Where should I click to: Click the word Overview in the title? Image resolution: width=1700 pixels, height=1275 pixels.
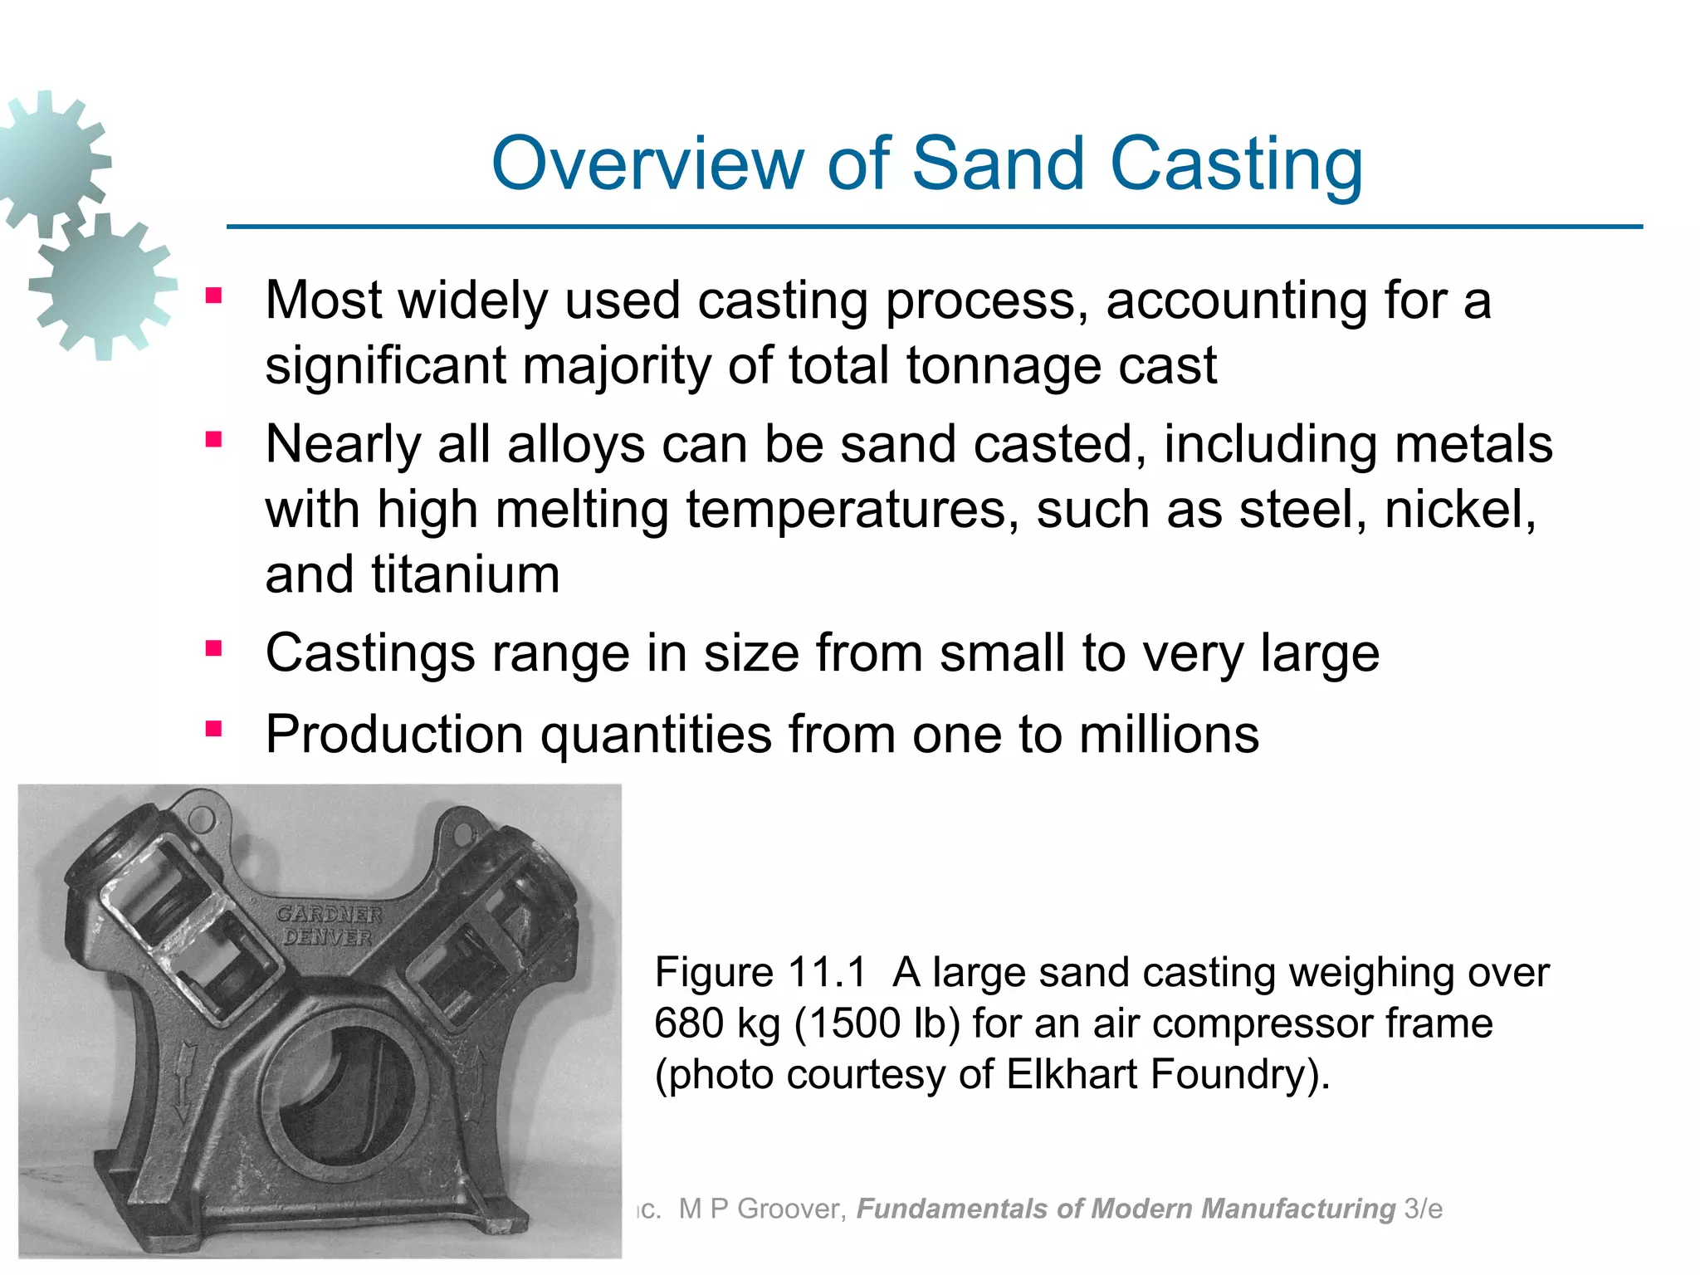pos(649,164)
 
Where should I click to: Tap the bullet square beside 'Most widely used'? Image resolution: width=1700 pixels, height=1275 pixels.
pos(214,296)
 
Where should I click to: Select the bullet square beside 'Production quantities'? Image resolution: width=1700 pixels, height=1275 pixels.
pos(214,730)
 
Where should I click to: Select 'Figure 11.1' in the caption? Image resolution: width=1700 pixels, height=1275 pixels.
pos(760,972)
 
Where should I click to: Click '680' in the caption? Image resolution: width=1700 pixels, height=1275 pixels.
pos(686,1023)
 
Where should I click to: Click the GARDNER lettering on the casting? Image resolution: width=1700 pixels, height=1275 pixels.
pos(329,914)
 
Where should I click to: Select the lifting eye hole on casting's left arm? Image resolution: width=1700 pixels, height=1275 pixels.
pos(202,821)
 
